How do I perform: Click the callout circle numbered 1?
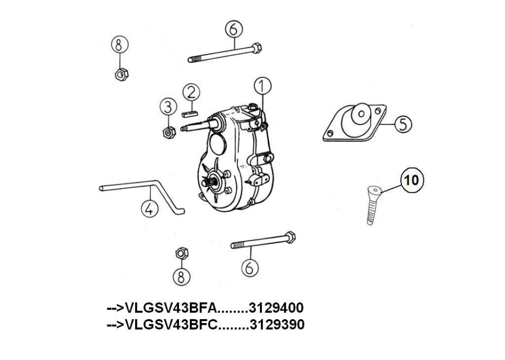[262, 86]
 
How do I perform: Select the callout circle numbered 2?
[191, 92]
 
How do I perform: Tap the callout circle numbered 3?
[168, 107]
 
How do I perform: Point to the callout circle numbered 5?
[403, 124]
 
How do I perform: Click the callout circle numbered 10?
[412, 180]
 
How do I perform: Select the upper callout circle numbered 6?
[234, 29]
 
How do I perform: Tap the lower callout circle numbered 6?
[250, 268]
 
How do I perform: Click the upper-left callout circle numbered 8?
[120, 45]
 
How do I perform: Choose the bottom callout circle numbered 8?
[181, 276]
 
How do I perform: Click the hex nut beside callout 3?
[169, 132]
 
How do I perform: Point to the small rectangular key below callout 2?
[189, 114]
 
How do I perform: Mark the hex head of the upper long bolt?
[257, 48]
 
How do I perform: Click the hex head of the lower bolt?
[290, 238]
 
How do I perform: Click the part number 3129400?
[277, 308]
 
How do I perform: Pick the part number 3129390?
[277, 324]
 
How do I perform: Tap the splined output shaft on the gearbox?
[209, 183]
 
